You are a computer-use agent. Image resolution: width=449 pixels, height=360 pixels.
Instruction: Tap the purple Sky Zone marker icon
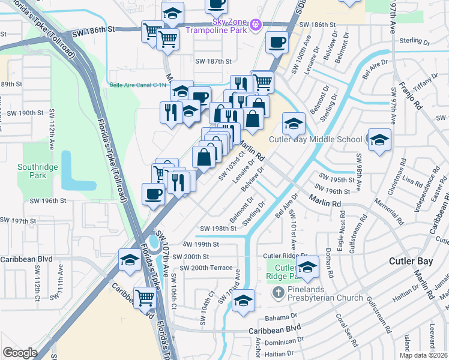point(256,25)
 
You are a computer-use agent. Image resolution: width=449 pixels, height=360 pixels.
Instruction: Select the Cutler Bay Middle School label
point(315,139)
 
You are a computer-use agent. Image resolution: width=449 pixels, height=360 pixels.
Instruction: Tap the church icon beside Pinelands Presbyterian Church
point(277,293)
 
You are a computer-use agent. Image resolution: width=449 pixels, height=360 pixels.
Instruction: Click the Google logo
point(20,353)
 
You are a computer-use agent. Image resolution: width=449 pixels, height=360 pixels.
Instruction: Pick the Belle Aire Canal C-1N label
point(137,85)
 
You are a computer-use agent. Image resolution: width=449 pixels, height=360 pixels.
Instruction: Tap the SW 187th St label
point(213,61)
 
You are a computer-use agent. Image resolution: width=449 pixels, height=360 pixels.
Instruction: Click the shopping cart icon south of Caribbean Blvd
point(145,296)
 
